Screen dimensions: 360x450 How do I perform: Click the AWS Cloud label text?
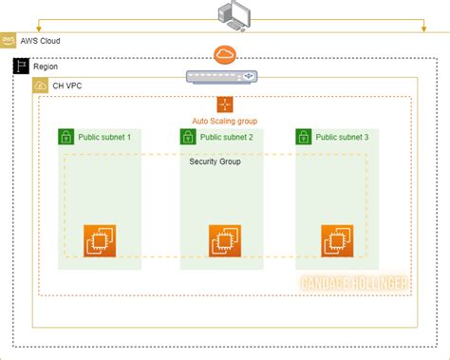click(x=43, y=42)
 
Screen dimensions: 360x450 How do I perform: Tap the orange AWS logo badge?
click(x=9, y=42)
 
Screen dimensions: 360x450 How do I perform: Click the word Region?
click(x=46, y=67)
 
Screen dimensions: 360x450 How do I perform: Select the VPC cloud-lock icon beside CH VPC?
click(x=42, y=85)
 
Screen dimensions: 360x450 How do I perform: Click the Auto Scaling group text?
click(x=225, y=122)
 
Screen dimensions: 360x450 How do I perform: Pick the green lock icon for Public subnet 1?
click(x=66, y=137)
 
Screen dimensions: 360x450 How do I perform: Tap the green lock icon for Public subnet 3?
click(x=304, y=137)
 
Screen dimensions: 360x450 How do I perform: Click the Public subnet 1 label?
click(x=104, y=137)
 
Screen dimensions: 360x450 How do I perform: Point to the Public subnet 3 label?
click(x=342, y=137)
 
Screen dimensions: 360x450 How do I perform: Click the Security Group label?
click(x=216, y=161)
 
